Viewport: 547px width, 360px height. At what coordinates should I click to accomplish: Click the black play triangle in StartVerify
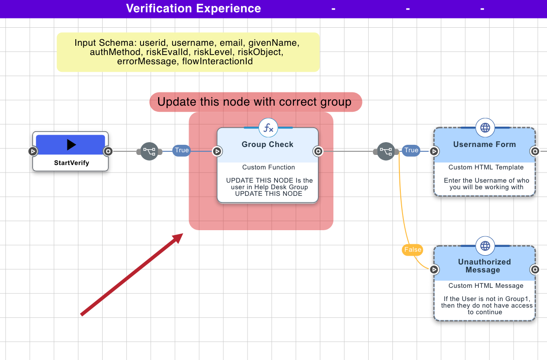[71, 145]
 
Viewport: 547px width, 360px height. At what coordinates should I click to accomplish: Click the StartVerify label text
[71, 163]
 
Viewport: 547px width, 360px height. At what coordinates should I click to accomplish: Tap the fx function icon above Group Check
[268, 128]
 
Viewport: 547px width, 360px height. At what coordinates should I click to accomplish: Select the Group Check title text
[267, 144]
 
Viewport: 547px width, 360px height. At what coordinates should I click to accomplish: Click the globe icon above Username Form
[485, 128]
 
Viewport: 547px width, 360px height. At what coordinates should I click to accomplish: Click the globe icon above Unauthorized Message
[485, 246]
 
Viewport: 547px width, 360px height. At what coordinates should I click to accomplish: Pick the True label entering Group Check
[181, 151]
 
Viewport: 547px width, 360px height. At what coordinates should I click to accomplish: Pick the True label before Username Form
[411, 151]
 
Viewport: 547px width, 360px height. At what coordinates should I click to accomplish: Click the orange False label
[413, 250]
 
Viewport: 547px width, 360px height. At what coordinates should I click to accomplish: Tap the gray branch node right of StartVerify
[149, 151]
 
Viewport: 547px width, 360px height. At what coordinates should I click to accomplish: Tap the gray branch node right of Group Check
[386, 151]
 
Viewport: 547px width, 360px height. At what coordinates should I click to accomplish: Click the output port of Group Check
[318, 151]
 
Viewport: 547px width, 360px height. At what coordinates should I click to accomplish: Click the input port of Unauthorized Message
[434, 269]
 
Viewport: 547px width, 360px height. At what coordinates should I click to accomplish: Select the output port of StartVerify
[108, 151]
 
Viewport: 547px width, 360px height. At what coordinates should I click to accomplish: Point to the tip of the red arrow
[182, 234]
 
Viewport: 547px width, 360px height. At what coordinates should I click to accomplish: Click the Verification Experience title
[193, 8]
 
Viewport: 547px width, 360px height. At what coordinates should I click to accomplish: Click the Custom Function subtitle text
[268, 167]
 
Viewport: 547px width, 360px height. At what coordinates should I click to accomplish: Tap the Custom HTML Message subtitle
[486, 286]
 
